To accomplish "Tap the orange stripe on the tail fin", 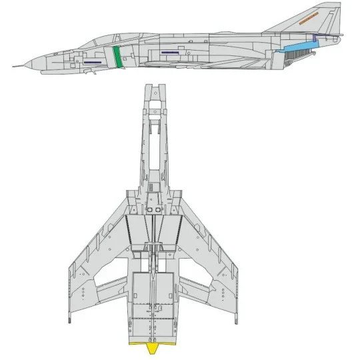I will click(x=313, y=20).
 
